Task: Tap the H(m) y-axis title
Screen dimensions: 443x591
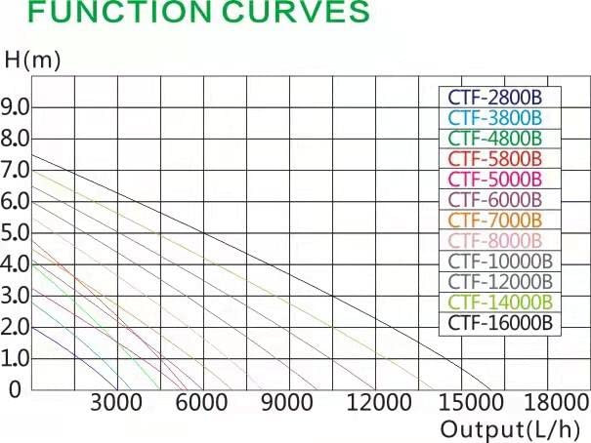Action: [x=32, y=60]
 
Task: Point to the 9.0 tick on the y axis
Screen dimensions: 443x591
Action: [x=17, y=105]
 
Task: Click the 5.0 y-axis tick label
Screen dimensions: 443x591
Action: [x=17, y=232]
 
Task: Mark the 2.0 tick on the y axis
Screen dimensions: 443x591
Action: [x=17, y=327]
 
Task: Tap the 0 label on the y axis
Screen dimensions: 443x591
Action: [x=14, y=390]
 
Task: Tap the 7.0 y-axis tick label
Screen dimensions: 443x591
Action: [x=17, y=169]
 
